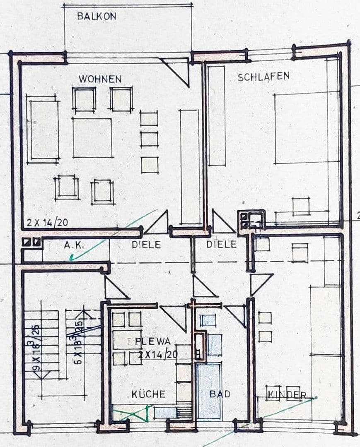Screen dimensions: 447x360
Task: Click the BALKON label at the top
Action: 97,17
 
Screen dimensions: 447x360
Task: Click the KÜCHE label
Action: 148,394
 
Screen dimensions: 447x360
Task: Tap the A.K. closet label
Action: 75,245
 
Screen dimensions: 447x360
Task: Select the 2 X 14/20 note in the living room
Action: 47,222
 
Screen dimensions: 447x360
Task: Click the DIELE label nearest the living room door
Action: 146,245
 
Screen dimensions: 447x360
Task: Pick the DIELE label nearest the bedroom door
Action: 222,245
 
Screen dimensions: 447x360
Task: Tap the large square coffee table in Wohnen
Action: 93,138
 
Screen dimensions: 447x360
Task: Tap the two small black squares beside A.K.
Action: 32,242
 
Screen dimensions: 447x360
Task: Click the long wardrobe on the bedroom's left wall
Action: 216,116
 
